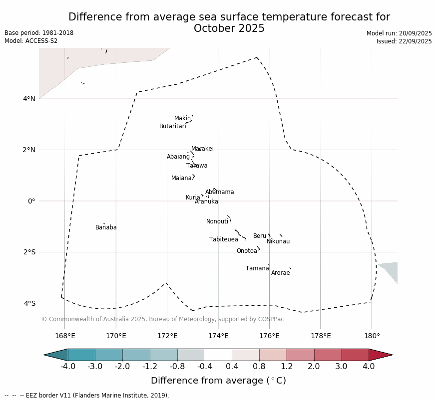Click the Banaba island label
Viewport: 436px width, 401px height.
pos(106,227)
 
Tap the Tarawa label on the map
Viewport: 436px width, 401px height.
pos(197,166)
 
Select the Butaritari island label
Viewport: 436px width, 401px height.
pos(172,126)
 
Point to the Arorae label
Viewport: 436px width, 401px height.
pos(280,273)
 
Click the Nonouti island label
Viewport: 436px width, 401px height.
pos(217,221)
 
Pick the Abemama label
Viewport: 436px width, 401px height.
pos(219,192)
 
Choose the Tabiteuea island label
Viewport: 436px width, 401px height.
pos(223,239)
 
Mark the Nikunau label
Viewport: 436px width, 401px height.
pos(278,241)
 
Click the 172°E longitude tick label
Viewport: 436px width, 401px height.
pos(167,336)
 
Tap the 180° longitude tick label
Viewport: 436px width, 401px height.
pos(372,336)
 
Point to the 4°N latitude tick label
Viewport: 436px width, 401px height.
pos(29,99)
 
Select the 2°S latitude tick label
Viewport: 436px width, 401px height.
pos(29,252)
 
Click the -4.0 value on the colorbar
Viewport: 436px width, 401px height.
pos(68,367)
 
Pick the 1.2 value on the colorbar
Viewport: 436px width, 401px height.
pos(287,367)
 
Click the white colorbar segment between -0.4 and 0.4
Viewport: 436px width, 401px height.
pos(218,355)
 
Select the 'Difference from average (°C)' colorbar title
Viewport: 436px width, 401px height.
pos(218,381)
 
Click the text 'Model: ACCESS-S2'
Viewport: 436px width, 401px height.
pos(31,41)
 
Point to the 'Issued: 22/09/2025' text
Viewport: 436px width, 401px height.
pos(404,41)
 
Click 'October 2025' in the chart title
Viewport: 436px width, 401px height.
pos(229,28)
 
